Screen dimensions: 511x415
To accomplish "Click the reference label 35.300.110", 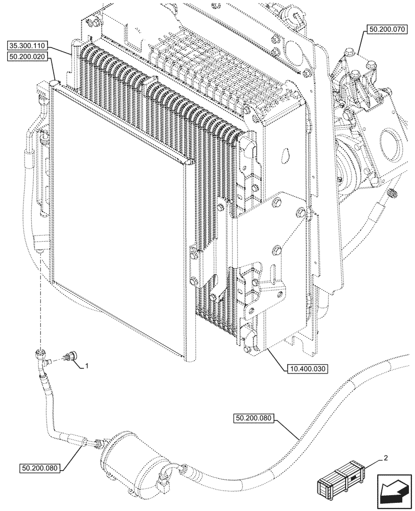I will (29, 45).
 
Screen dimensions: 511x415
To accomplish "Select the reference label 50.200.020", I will (29, 57).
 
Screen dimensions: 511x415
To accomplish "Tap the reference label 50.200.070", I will (386, 30).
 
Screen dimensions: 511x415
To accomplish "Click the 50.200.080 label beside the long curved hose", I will (256, 419).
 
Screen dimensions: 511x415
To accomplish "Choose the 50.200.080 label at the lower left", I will (41, 468).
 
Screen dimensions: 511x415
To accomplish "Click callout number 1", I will (87, 366).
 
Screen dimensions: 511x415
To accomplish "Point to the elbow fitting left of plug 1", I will (40, 356).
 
